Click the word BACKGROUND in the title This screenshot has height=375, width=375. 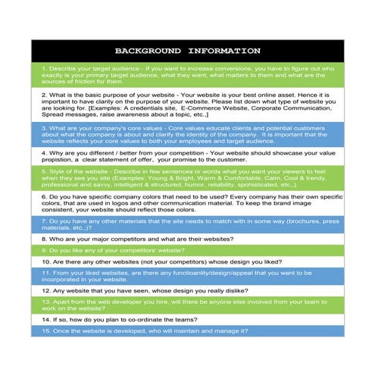[146, 51]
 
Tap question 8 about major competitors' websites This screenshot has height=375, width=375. [136, 239]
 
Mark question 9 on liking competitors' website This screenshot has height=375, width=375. [114, 249]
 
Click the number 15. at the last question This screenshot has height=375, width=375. [46, 331]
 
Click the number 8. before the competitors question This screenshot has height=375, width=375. [45, 239]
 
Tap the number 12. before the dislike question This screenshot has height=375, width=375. [46, 290]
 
